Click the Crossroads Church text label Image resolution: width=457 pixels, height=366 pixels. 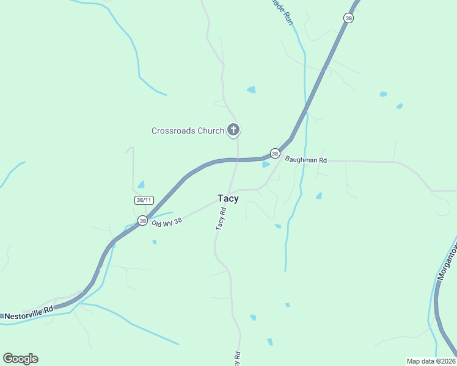click(188, 131)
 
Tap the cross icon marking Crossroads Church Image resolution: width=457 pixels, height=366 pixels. click(233, 129)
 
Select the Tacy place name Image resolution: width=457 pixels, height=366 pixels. click(228, 198)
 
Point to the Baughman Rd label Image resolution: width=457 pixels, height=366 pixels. click(306, 160)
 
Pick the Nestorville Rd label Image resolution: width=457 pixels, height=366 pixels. click(29, 313)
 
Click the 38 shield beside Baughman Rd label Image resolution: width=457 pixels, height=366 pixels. click(275, 154)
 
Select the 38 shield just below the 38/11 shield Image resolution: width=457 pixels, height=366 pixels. click(142, 221)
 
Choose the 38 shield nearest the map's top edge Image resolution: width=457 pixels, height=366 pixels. click(348, 18)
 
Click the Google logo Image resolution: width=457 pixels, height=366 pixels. click(20, 359)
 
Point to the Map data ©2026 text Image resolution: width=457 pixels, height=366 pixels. click(431, 361)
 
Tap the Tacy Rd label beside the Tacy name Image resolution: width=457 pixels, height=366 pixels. click(221, 218)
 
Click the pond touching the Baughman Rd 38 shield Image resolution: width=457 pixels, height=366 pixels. click(266, 164)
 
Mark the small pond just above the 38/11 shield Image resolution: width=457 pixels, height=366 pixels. click(141, 184)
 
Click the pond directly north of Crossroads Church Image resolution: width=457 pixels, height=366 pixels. click(251, 90)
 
